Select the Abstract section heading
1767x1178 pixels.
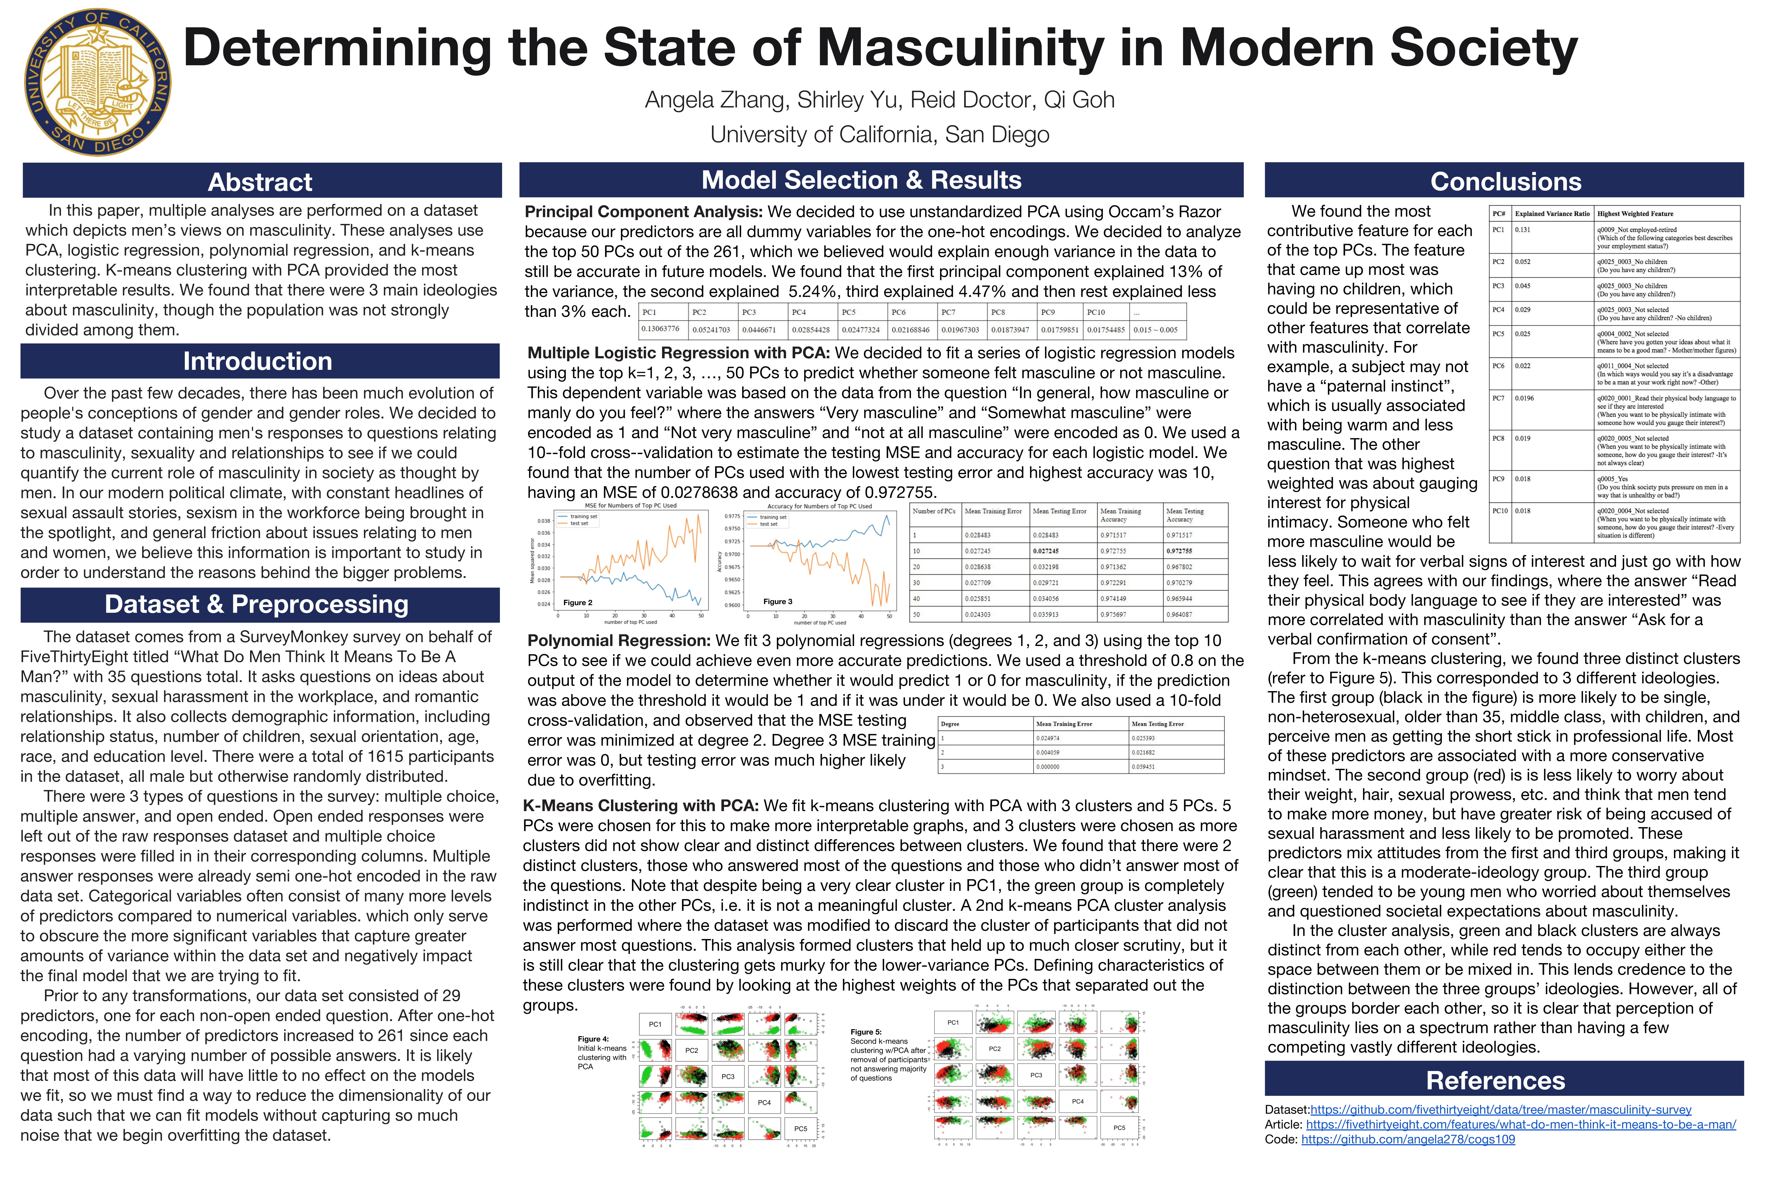[260, 182]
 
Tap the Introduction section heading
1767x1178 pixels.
[258, 361]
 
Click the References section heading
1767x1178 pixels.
[1495, 1080]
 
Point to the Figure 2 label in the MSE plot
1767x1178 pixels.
[578, 602]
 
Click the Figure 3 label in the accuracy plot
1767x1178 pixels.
[777, 602]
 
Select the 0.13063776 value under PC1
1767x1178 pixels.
[660, 329]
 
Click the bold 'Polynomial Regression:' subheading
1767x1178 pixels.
[618, 641]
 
